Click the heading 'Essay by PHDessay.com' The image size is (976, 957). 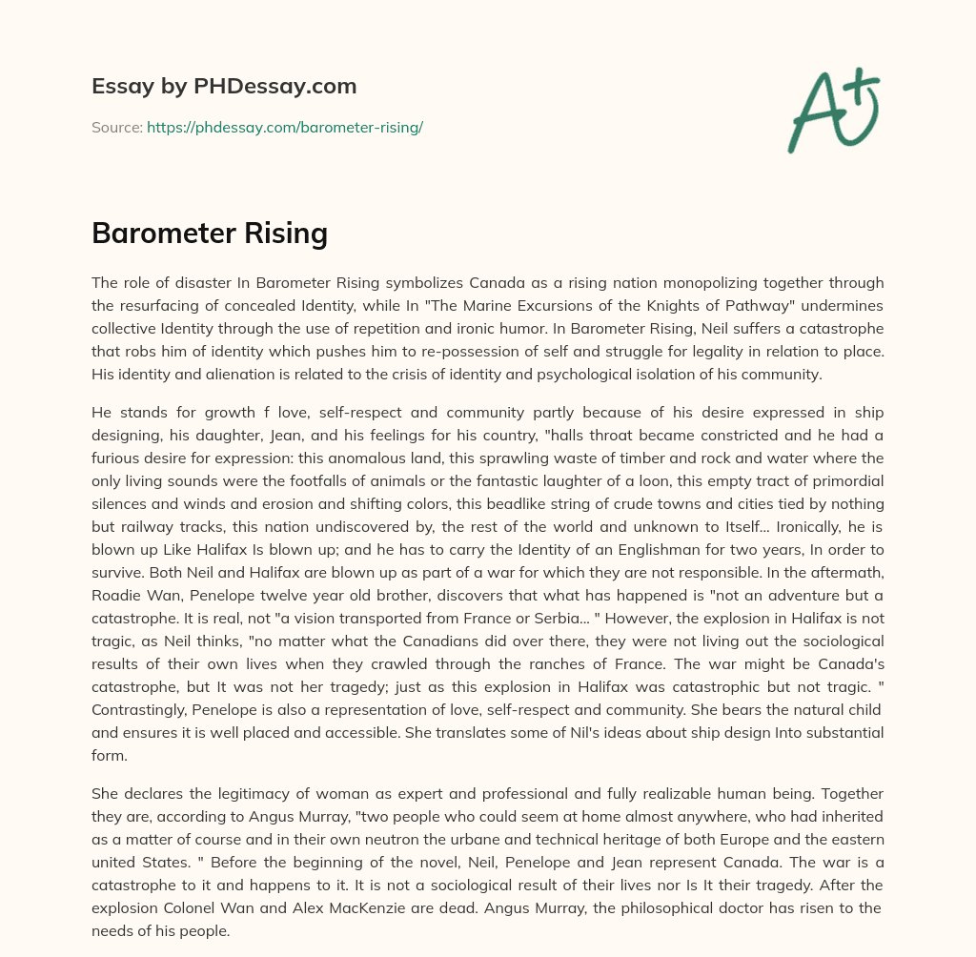coord(224,87)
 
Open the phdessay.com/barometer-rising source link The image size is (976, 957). coord(284,127)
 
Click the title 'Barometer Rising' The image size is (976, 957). coord(210,233)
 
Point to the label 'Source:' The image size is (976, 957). coord(116,127)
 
